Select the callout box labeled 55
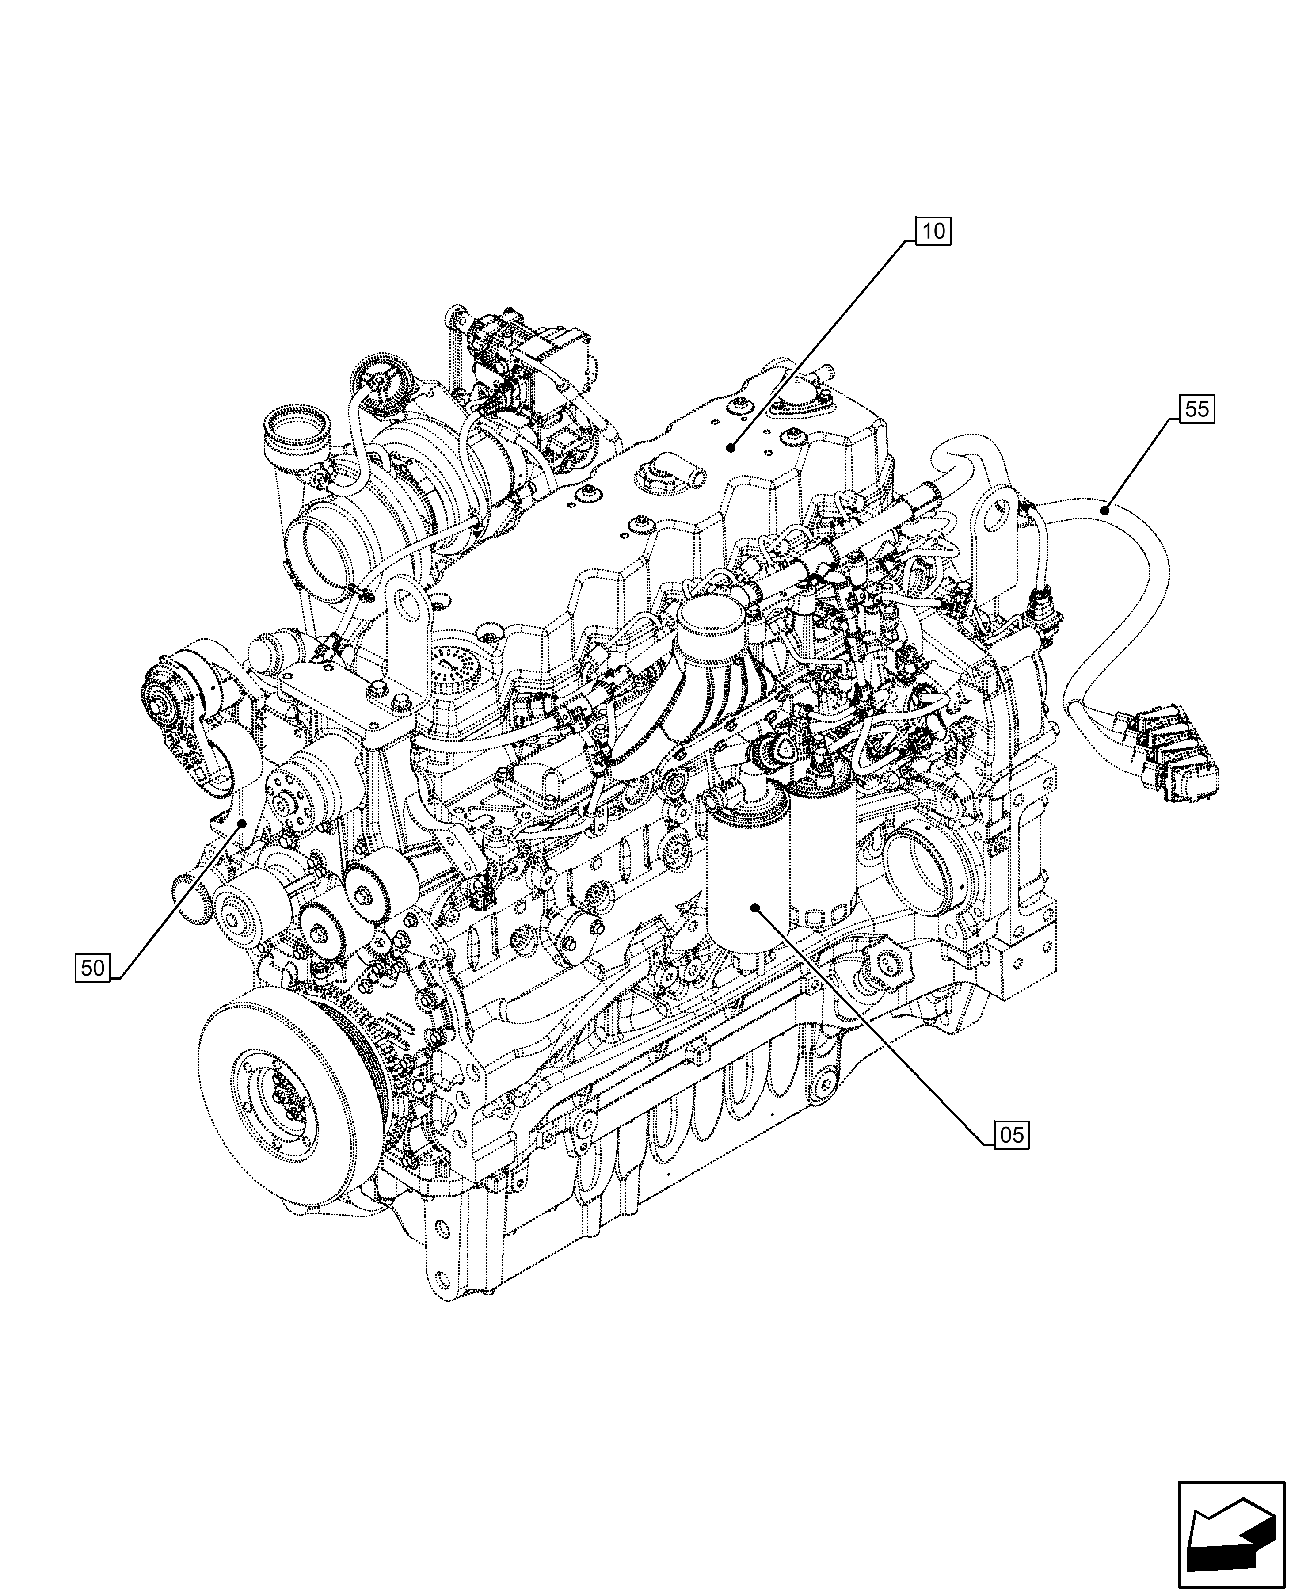click(1196, 408)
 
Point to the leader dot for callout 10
click(731, 447)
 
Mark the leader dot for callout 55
click(1106, 510)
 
